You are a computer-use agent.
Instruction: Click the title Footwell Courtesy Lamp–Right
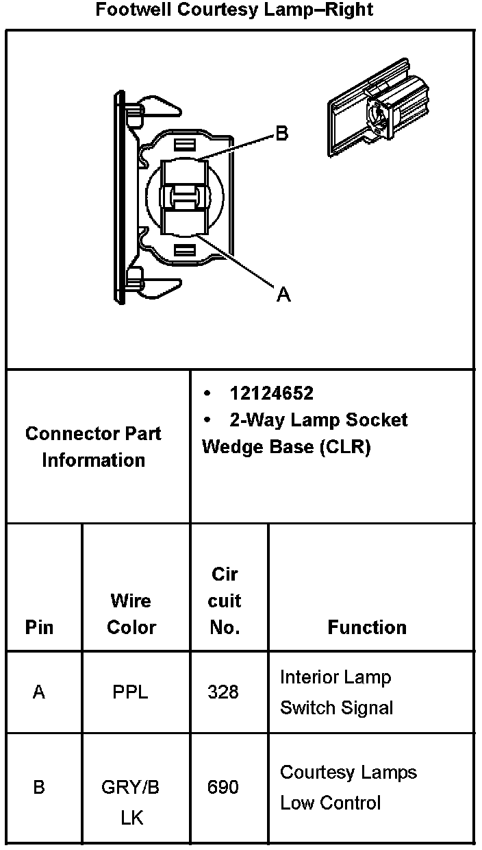pyautogui.click(x=235, y=10)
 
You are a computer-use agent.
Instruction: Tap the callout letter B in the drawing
pyautogui.click(x=281, y=133)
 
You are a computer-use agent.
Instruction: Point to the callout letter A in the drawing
pyautogui.click(x=283, y=295)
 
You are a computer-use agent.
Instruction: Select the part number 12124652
pyautogui.click(x=272, y=393)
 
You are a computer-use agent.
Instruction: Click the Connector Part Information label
pyautogui.click(x=94, y=447)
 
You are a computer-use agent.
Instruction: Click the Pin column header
pyautogui.click(x=39, y=627)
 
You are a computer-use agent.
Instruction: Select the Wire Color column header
pyautogui.click(x=131, y=614)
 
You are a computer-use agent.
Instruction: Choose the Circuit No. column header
pyautogui.click(x=225, y=601)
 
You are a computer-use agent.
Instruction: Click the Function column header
pyautogui.click(x=367, y=627)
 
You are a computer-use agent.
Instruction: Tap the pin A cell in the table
pyautogui.click(x=39, y=692)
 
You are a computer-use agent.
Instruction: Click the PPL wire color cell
pyautogui.click(x=130, y=692)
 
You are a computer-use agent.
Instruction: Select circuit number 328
pyautogui.click(x=223, y=692)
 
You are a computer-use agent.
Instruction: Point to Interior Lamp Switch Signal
pyautogui.click(x=336, y=692)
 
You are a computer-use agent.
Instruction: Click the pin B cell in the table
pyautogui.click(x=39, y=787)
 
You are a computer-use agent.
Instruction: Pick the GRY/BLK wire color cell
pyautogui.click(x=131, y=802)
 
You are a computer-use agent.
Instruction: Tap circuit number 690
pyautogui.click(x=223, y=787)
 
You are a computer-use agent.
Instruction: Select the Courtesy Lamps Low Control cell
pyautogui.click(x=348, y=787)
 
